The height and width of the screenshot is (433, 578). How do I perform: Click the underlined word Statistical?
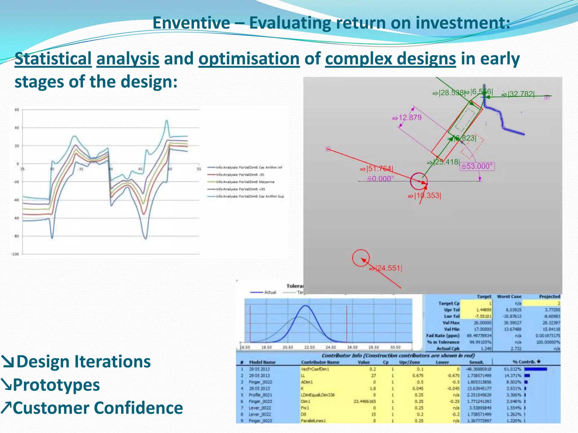coord(53,59)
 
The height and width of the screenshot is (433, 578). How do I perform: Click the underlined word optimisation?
coord(249,59)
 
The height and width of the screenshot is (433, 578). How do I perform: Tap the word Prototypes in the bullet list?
coord(56,385)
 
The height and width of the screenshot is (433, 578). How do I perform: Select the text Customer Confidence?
coord(98,408)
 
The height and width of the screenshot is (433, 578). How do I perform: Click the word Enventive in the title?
coord(191,23)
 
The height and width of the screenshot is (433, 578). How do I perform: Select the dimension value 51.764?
coord(379,169)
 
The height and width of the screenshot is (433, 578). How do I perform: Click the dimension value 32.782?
coord(521,94)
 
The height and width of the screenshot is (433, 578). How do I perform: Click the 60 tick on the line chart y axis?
coord(17,110)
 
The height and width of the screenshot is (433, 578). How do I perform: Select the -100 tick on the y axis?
coord(15,254)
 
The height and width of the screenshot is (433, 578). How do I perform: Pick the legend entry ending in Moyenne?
coord(245,182)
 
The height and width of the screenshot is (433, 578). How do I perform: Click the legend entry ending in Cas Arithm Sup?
coord(250,196)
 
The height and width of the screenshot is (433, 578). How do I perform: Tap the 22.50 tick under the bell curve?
coord(309,347)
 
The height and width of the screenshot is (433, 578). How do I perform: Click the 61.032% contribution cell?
coord(513,369)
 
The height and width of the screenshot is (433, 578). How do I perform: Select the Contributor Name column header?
coord(320,362)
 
